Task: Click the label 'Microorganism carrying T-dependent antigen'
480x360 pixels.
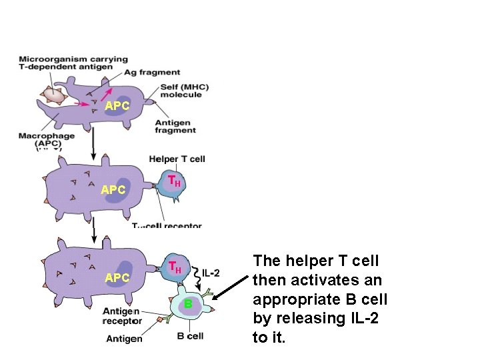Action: pyautogui.click(x=73, y=63)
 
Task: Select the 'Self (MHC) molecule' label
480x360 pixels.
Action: pyautogui.click(x=181, y=91)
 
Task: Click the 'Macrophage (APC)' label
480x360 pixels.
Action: pyautogui.click(x=45, y=139)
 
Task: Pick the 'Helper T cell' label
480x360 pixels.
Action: pyautogui.click(x=177, y=159)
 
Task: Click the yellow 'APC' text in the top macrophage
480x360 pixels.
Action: pyautogui.click(x=117, y=106)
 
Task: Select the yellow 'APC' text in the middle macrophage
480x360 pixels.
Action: pyautogui.click(x=113, y=190)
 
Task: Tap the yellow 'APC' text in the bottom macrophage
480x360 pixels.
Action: pyautogui.click(x=117, y=277)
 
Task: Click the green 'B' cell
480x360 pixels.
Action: pyautogui.click(x=189, y=304)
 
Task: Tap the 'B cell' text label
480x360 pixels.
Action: pyautogui.click(x=190, y=336)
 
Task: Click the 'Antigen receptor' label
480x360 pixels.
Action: pyautogui.click(x=121, y=316)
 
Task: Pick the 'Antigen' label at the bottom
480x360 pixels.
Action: pyautogui.click(x=124, y=339)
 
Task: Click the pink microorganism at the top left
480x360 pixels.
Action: pyautogui.click(x=53, y=95)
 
